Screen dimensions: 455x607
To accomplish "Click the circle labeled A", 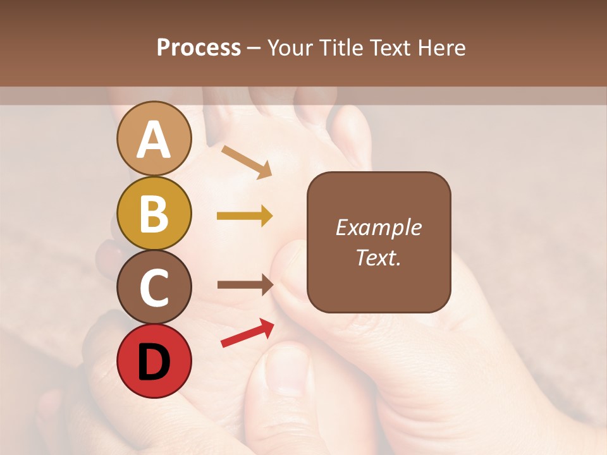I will (154, 138).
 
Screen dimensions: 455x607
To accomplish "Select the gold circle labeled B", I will (154, 213).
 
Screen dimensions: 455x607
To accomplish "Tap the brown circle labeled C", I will (154, 288).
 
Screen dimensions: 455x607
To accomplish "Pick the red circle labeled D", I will (154, 361).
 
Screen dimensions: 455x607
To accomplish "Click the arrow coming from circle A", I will (247, 161).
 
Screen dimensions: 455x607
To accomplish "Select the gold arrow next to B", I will (245, 216).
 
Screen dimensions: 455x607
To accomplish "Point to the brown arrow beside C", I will (245, 285).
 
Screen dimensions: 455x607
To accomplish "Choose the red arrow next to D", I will (247, 333).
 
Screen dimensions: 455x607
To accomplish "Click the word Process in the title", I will (199, 48).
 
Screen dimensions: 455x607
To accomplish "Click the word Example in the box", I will (379, 227).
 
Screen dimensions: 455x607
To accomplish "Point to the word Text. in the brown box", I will (379, 257).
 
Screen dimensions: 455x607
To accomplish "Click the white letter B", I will (154, 214).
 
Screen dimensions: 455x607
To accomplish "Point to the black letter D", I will (154, 361).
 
